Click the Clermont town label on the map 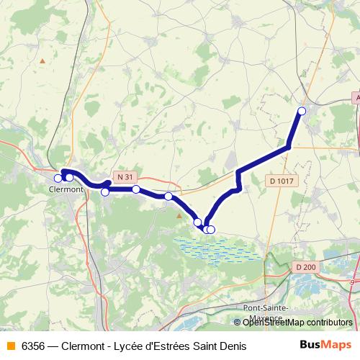click(x=66, y=189)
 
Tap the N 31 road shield click(x=124, y=176)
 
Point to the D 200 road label click(x=305, y=267)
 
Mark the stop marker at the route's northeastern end click(x=302, y=111)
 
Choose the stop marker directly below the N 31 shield click(x=135, y=189)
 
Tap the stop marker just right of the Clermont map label click(x=105, y=192)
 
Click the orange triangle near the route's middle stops click(x=179, y=214)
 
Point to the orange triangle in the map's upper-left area click(x=42, y=60)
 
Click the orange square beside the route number click(x=10, y=346)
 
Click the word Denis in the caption click(x=232, y=346)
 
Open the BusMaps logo click(x=325, y=346)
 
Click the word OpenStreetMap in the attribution click(x=270, y=323)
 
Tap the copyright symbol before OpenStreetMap click(x=238, y=323)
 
